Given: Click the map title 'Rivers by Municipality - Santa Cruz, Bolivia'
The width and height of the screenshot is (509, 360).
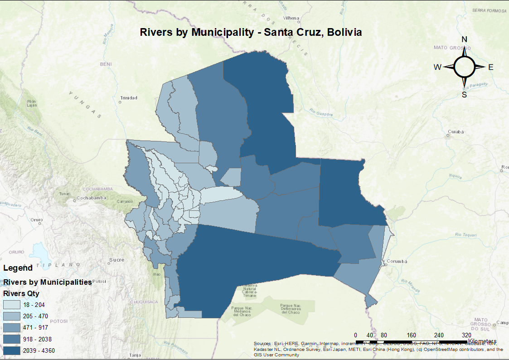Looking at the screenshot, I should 251,33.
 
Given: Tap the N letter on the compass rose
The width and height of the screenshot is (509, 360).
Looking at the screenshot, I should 464,39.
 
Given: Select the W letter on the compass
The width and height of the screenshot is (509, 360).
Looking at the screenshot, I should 437,67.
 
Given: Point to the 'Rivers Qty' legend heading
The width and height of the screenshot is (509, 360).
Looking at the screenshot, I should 21,293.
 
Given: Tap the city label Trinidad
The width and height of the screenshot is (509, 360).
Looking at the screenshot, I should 128,98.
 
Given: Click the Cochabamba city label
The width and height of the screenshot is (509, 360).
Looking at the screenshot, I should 91,198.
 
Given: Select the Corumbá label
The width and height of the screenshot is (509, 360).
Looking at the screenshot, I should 398,262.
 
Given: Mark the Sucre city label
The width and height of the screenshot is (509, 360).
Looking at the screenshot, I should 116,260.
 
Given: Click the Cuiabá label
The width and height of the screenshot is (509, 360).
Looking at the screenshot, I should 456,132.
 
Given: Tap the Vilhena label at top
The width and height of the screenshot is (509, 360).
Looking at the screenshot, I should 291,18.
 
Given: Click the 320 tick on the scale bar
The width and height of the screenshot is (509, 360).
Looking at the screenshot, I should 466,336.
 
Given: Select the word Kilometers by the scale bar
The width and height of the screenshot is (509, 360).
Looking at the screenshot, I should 482,341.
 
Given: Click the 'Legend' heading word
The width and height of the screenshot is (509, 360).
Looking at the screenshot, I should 18,268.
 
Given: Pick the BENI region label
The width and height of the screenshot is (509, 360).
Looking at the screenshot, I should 106,64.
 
